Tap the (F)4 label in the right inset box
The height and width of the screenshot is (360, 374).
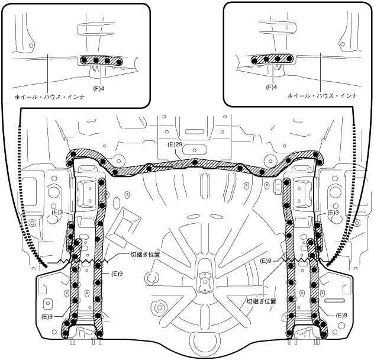tap(272, 86)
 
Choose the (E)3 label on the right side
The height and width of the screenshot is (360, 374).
tap(333, 211)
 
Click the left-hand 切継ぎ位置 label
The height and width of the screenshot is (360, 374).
tap(145, 255)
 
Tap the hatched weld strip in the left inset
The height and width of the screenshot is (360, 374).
tap(101, 61)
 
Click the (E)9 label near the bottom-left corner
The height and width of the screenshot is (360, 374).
tap(49, 317)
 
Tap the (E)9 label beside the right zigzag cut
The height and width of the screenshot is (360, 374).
tap(266, 261)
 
